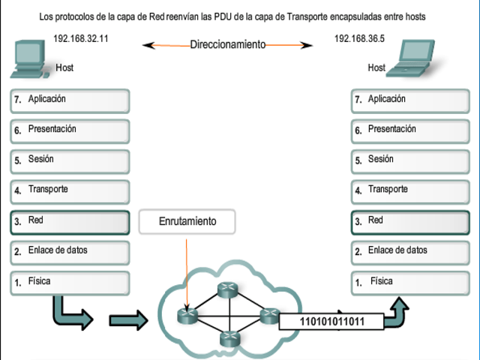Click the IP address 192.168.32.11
click(81, 38)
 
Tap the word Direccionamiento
click(227, 45)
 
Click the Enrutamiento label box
click(187, 221)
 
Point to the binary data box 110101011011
click(331, 322)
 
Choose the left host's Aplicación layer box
click(70, 100)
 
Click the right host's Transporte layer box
click(409, 190)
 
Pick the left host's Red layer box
click(70, 221)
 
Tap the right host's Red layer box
click(409, 221)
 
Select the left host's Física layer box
click(70, 282)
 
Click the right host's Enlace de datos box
click(409, 251)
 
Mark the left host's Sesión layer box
click(70, 160)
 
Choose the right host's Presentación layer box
click(409, 130)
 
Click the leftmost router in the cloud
click(186, 315)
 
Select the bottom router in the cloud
click(228, 339)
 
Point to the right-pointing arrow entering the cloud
click(127, 321)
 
